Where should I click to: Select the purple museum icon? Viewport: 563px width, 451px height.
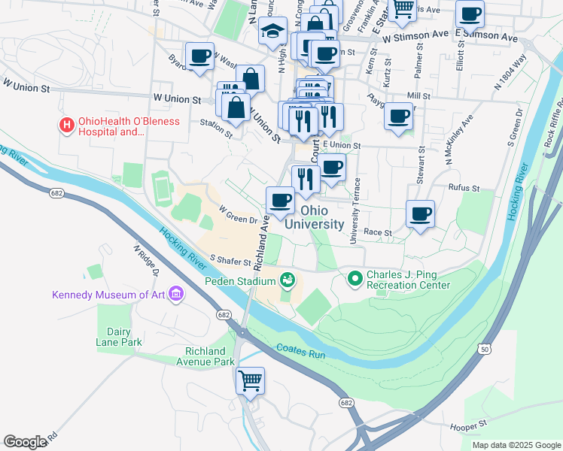coord(176,293)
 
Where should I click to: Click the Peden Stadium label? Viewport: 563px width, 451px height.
coord(239,282)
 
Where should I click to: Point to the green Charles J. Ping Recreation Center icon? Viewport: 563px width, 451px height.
coord(355,279)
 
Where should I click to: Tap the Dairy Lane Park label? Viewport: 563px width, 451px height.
coord(119,336)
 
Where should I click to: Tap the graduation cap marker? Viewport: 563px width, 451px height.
coord(272,31)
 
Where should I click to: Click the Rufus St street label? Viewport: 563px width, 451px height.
coord(463,187)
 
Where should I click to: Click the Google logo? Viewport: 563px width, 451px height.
coord(25,442)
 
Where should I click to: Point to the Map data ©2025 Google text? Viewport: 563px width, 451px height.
coord(516,445)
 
